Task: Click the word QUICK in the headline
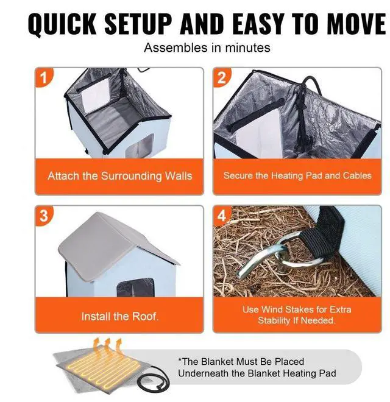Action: click(62, 24)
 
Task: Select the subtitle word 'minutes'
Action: click(247, 48)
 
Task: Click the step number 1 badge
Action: click(44, 77)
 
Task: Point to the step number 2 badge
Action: click(222, 77)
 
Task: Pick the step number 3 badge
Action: click(44, 216)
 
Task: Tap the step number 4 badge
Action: click(222, 216)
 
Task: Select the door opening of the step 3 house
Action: click(135, 287)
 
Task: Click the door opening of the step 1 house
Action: click(141, 146)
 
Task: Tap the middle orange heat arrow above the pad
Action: click(107, 345)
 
